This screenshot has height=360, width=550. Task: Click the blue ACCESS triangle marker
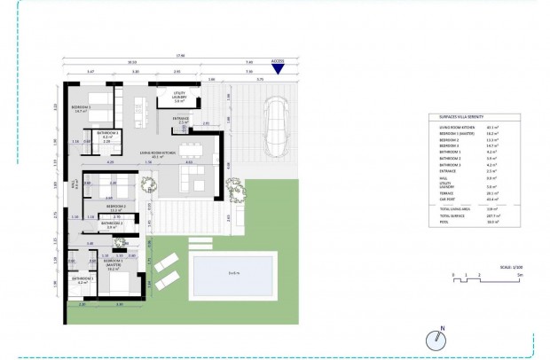pos(278,69)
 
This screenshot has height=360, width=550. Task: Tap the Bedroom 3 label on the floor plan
pos(82,108)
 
